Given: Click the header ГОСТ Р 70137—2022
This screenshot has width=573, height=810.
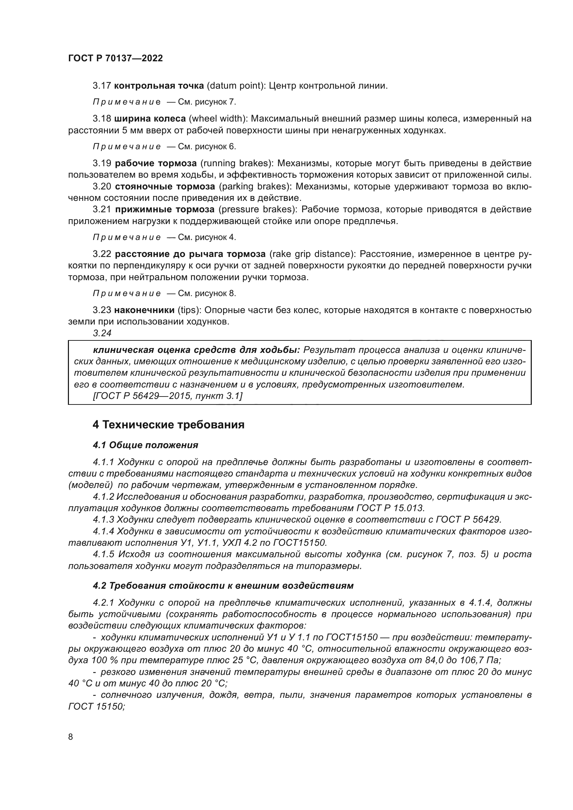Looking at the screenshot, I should pyautogui.click(x=115, y=59).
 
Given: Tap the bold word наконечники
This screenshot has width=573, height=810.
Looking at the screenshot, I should pyautogui.click(x=144, y=310).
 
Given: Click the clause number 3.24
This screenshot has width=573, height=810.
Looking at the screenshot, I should pyautogui.click(x=102, y=333).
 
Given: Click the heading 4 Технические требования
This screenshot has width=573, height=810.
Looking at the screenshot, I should pyautogui.click(x=168, y=425).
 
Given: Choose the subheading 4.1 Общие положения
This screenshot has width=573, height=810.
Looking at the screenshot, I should pyautogui.click(x=145, y=445).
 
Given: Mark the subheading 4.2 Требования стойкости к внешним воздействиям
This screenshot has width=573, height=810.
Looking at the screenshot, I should pyautogui.click(x=223, y=586).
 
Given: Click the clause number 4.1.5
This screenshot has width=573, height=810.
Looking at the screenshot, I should pyautogui.click(x=104, y=554).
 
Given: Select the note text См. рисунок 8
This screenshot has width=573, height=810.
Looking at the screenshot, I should pyautogui.click(x=207, y=294).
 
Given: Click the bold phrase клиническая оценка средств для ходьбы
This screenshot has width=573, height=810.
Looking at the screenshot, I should pyautogui.click(x=196, y=350).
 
